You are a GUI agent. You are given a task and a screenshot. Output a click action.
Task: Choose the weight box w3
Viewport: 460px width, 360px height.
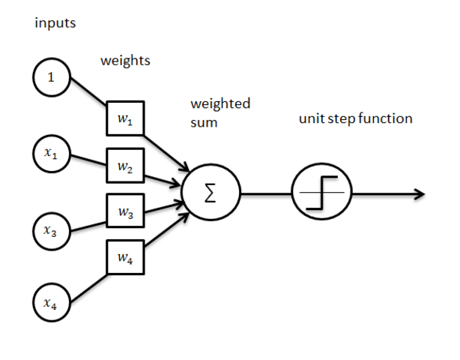(x=125, y=212)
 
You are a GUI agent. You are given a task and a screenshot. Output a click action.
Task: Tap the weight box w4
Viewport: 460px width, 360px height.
(x=125, y=259)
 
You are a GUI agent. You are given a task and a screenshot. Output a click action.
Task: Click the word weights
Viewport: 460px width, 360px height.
(x=125, y=61)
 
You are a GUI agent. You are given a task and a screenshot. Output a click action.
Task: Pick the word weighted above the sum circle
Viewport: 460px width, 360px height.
(x=220, y=103)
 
